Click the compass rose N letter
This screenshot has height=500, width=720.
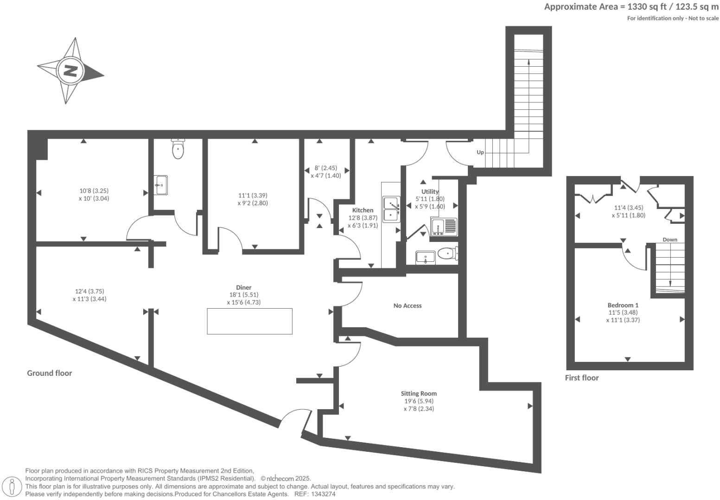(x=70, y=71)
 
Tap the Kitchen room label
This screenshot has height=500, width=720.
(x=363, y=210)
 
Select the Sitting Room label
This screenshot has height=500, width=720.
(x=419, y=393)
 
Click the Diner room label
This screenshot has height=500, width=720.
(x=243, y=287)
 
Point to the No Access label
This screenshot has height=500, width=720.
(x=408, y=305)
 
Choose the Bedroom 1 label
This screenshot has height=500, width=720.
(x=623, y=305)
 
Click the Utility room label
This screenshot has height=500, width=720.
(x=430, y=191)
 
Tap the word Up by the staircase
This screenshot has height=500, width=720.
(x=480, y=152)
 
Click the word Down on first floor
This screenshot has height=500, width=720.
(x=669, y=240)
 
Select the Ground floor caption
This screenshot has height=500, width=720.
(x=50, y=373)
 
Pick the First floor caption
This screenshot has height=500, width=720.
(x=581, y=378)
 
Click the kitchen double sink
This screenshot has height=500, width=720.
(x=391, y=209)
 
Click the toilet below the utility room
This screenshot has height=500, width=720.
(x=446, y=253)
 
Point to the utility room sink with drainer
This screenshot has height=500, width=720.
(x=443, y=227)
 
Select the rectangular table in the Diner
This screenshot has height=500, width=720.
(x=249, y=321)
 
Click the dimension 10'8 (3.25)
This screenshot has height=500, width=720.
(x=94, y=190)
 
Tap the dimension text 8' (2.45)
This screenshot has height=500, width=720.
(x=326, y=168)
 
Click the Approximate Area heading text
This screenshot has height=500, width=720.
(x=631, y=6)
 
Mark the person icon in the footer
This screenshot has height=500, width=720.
(x=13, y=487)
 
